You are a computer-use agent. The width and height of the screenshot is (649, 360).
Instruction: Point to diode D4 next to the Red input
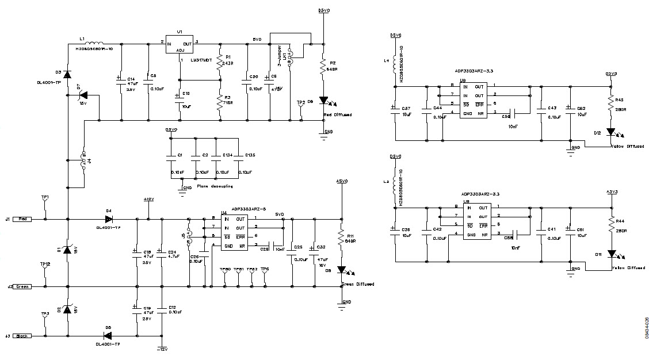coord(108,219)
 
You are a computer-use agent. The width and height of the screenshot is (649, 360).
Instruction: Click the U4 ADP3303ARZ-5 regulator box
coord(229,232)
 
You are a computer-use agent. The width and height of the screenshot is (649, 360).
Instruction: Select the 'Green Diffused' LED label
coord(357,284)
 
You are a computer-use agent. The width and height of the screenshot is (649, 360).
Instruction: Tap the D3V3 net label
coord(611,74)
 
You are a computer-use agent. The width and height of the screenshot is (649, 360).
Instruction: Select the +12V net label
coord(148,199)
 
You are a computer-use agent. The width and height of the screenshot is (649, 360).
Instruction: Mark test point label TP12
coord(45,263)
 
